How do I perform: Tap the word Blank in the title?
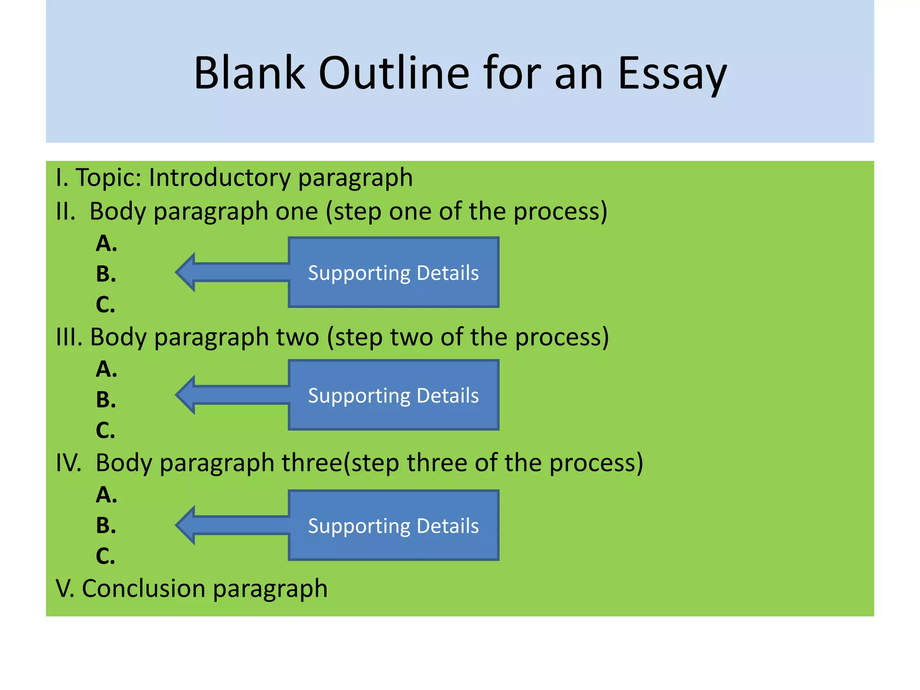pos(249,73)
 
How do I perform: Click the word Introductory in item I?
pos(219,177)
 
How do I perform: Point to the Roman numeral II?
pos(66,212)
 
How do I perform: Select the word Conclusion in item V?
pos(143,588)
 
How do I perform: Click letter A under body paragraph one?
pos(106,244)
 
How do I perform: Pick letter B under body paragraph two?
pos(106,400)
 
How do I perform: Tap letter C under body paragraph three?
pos(106,556)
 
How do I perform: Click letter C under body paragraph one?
pos(106,305)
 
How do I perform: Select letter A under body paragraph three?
pos(106,495)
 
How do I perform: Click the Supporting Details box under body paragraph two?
pos(394,395)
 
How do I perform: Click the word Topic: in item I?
pos(109,177)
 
